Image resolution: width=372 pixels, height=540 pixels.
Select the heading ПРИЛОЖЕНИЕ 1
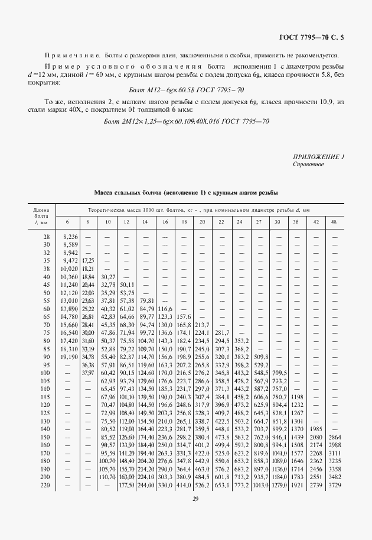pyautogui.click(x=318, y=157)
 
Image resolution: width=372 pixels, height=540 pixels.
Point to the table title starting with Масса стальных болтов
pyautogui.click(x=186, y=193)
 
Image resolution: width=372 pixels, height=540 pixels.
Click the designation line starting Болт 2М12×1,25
pyautogui.click(x=186, y=121)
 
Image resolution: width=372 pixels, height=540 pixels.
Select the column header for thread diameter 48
pyautogui.click(x=334, y=221)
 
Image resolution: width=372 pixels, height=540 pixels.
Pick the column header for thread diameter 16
pyautogui.click(x=164, y=221)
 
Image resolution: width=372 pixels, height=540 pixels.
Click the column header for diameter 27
pyautogui.click(x=259, y=221)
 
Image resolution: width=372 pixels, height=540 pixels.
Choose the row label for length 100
pyautogui.click(x=45, y=374)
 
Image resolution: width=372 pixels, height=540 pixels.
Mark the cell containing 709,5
pyautogui.click(x=278, y=374)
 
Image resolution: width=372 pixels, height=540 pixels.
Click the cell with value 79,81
pyautogui.click(x=145, y=300)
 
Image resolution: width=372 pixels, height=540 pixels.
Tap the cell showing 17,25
pyautogui.click(x=87, y=260)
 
